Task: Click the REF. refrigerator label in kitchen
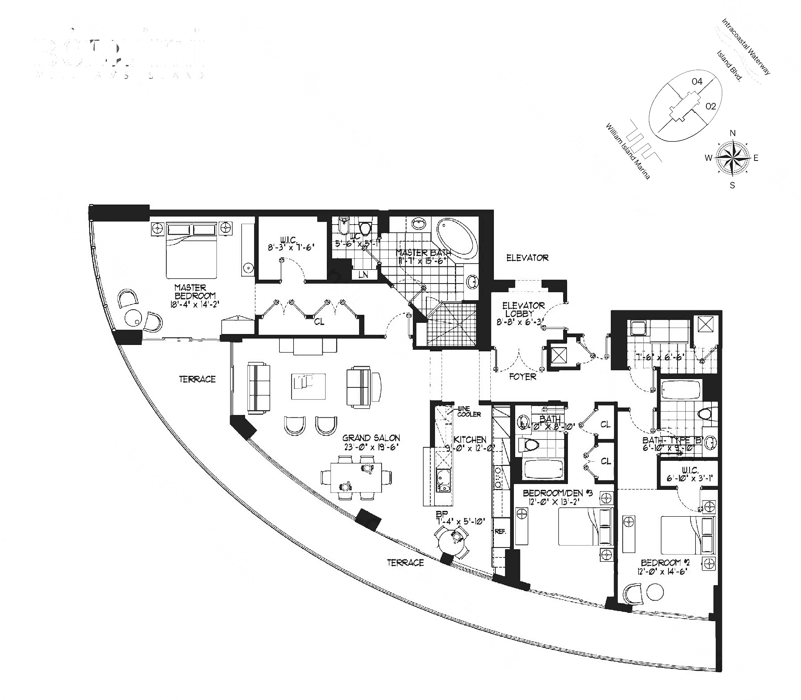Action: (x=500, y=531)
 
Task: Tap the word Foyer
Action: (x=523, y=377)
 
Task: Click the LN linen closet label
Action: (x=363, y=275)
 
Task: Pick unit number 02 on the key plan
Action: (x=710, y=106)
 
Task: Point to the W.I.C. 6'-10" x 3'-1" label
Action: (x=689, y=474)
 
